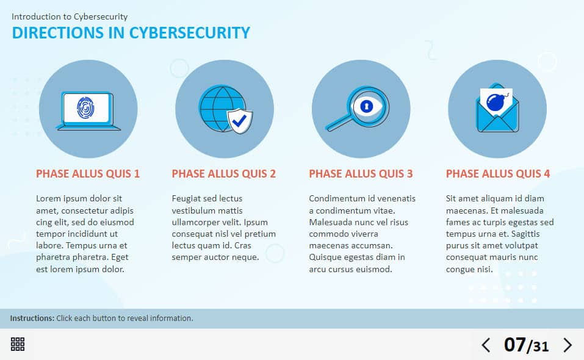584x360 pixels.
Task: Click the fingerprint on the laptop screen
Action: pyautogui.click(x=86, y=109)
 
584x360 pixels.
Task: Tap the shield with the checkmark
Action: pyautogui.click(x=240, y=121)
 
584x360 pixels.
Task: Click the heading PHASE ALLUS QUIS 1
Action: pyautogui.click(x=88, y=174)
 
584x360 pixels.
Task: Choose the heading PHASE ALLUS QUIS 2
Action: pyautogui.click(x=224, y=174)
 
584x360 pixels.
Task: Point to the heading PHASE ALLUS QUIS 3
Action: pyautogui.click(x=361, y=174)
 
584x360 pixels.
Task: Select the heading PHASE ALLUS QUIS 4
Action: pyautogui.click(x=498, y=174)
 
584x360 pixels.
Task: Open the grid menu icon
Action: pyautogui.click(x=18, y=344)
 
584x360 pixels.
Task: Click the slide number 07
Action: pyautogui.click(x=514, y=345)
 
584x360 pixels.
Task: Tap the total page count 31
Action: pyautogui.click(x=540, y=347)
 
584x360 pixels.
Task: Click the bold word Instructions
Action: pyautogui.click(x=32, y=319)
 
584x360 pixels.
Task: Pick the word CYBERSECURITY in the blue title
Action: pyautogui.click(x=190, y=33)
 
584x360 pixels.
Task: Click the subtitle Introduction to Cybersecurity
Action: pyautogui.click(x=70, y=16)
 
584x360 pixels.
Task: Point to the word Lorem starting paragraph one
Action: pyautogui.click(x=48, y=198)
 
